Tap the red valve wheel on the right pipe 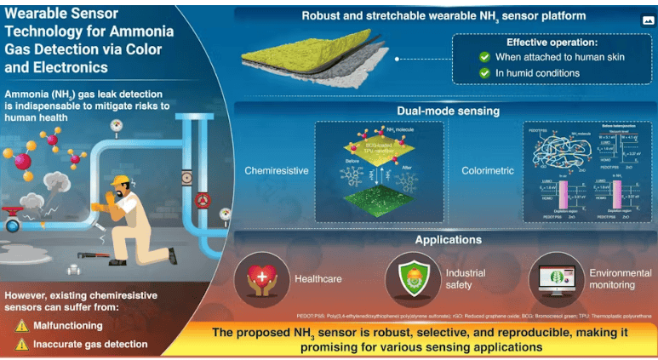click(x=201, y=201)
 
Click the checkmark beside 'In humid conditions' click(x=484, y=73)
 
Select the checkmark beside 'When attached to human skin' click(x=484, y=57)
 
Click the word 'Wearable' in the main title click(x=37, y=14)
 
